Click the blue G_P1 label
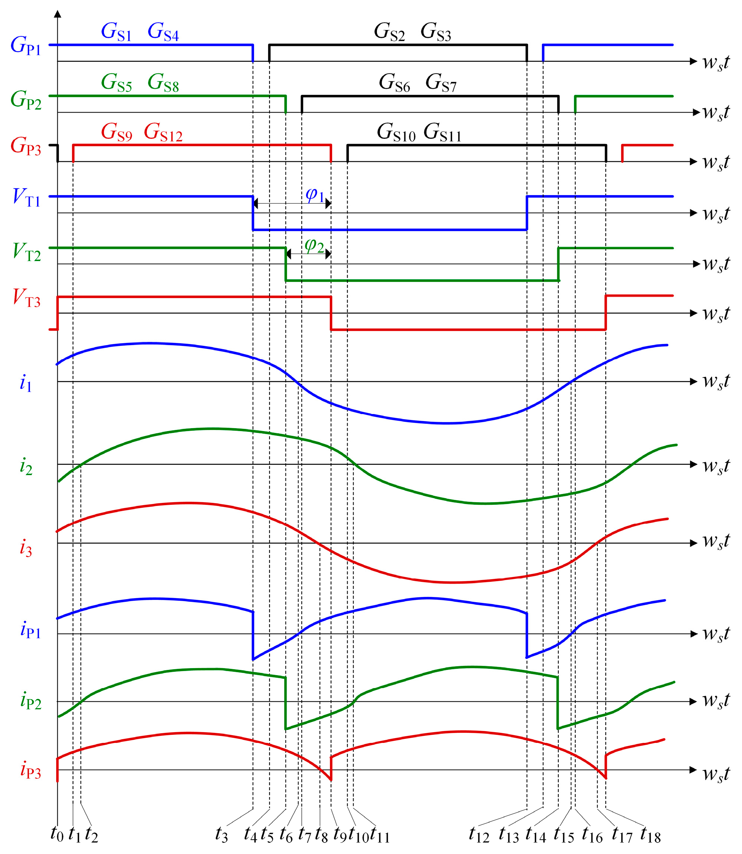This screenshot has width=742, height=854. pos(26,46)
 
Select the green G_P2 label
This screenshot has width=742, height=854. pos(26,100)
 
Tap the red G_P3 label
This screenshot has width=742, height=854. pos(26,146)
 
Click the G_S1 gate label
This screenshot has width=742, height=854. pos(116,31)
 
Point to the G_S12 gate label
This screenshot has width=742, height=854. pos(163,133)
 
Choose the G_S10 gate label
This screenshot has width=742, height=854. pos(396,133)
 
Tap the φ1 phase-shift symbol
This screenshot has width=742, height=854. pos(314,195)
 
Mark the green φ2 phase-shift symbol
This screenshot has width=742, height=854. pos(314,245)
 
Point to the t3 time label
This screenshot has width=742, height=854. pos(221,834)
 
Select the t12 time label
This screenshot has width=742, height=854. pos(479,834)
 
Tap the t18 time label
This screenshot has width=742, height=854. pos(651,834)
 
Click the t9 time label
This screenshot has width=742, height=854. pos(340,834)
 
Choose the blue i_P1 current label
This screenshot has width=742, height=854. pos(30,630)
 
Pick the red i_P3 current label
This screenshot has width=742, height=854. pos(30,770)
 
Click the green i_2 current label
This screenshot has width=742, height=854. pos(26,466)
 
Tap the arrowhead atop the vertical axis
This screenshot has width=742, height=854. pos(57,14)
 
